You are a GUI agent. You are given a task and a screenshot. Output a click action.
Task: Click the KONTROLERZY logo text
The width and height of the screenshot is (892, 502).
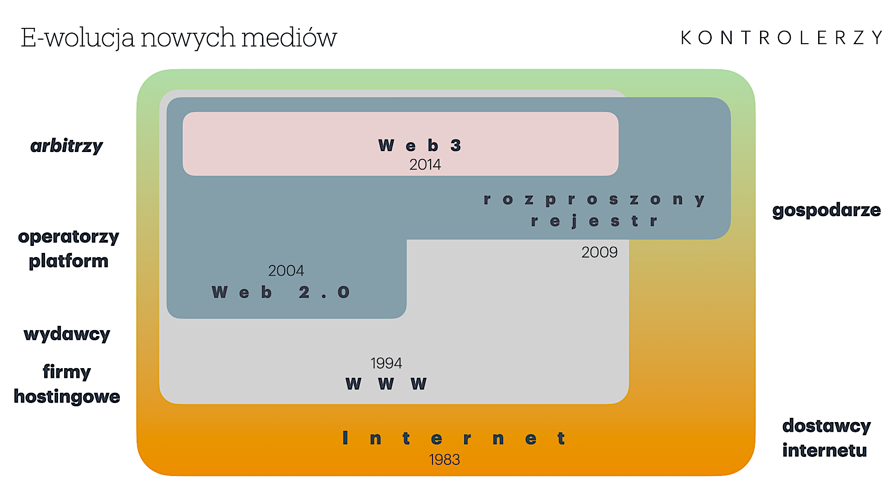click(x=781, y=38)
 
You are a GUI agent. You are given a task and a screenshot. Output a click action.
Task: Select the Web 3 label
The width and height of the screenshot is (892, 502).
click(x=420, y=145)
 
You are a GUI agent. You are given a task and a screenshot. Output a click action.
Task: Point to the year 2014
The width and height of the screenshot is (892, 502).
click(x=425, y=165)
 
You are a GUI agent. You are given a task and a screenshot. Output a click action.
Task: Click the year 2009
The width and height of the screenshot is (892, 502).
click(x=599, y=252)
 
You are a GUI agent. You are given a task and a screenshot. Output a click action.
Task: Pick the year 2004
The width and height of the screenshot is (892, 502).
click(x=286, y=271)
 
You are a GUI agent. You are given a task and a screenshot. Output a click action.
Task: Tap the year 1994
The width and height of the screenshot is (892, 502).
click(x=386, y=363)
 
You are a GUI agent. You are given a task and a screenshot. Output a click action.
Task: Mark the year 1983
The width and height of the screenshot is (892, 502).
click(x=444, y=460)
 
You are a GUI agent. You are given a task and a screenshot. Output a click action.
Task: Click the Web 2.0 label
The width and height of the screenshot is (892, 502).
click(x=280, y=292)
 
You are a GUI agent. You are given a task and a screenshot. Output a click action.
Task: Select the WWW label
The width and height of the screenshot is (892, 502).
click(x=386, y=384)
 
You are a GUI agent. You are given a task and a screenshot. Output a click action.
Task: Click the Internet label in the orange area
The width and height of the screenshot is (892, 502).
click(x=453, y=438)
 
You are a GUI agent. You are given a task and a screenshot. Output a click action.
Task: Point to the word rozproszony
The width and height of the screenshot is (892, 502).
click(x=594, y=200)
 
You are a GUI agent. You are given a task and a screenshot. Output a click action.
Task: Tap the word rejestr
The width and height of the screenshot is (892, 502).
click(x=594, y=221)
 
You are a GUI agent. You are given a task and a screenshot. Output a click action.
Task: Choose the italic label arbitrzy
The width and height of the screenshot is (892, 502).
click(x=66, y=146)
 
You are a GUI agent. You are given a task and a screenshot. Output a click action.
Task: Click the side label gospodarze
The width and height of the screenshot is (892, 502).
click(x=826, y=210)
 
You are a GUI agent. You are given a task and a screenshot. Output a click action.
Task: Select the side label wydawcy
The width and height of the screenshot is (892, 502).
click(x=67, y=334)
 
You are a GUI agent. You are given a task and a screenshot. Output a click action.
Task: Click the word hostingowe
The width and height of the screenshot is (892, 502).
click(x=67, y=396)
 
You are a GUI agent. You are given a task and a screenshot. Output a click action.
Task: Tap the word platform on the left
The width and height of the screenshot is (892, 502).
click(x=68, y=261)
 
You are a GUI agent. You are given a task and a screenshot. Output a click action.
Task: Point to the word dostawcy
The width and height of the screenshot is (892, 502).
click(x=826, y=426)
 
